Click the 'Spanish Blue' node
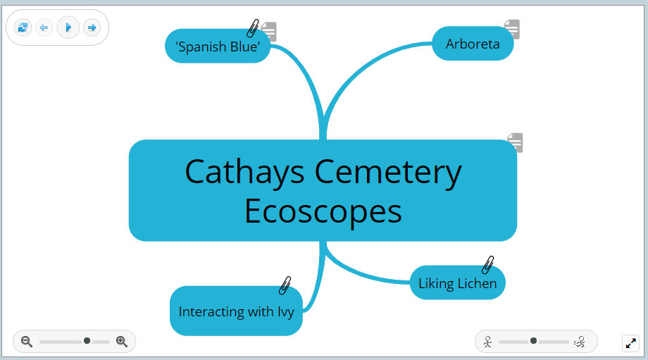[218, 46]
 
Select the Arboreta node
[472, 44]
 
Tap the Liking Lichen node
[457, 283]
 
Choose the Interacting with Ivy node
[235, 311]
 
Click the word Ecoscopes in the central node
[323, 211]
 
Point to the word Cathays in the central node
[245, 172]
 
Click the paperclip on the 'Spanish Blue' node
[253, 28]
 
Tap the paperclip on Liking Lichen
[487, 265]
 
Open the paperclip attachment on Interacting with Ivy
[285, 285]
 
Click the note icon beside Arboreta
[512, 29]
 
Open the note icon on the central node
[515, 142]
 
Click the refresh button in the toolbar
[23, 27]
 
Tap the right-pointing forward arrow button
[92, 27]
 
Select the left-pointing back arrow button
[44, 27]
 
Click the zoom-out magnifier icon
[27, 342]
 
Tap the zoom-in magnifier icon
[122, 342]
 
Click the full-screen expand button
[630, 343]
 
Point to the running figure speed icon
[580, 342]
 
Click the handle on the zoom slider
[87, 341]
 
